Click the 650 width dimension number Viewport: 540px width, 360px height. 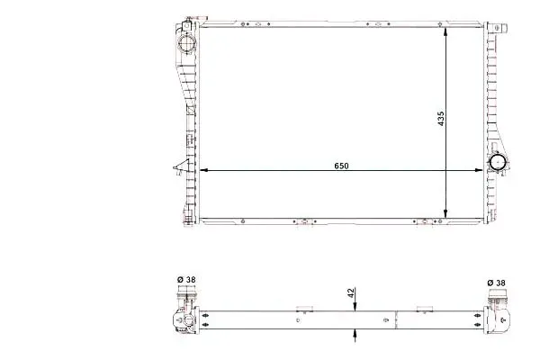coord(341,166)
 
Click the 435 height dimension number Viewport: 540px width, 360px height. coord(441,119)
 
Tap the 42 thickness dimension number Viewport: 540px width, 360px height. coord(351,293)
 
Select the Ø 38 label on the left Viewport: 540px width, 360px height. coord(186,279)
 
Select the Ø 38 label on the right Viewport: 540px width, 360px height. coord(496,283)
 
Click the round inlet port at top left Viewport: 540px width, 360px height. coord(186,43)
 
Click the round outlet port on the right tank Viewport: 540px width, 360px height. coord(498,163)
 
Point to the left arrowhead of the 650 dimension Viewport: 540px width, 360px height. coord(203,170)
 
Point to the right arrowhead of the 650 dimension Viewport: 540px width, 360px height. coord(479,170)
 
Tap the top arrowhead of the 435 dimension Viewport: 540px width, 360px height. coord(445,31)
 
